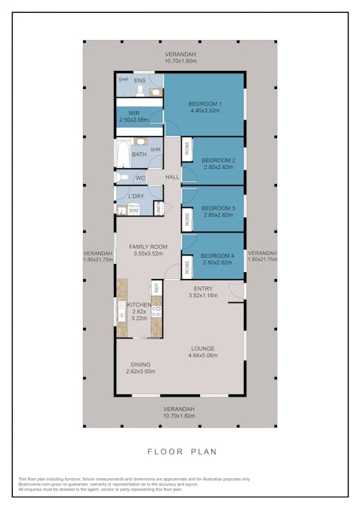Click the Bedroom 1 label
point(205,103)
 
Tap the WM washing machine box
point(133,210)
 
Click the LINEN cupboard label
point(158,209)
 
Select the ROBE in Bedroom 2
point(186,149)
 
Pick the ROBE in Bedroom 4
point(186,265)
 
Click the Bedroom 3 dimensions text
point(218,215)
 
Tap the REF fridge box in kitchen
point(157,287)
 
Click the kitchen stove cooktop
point(157,311)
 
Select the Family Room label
point(148,247)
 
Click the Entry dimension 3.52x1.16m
point(203,296)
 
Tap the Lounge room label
point(203,348)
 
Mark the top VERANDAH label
point(180,55)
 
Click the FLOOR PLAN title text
point(181,452)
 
